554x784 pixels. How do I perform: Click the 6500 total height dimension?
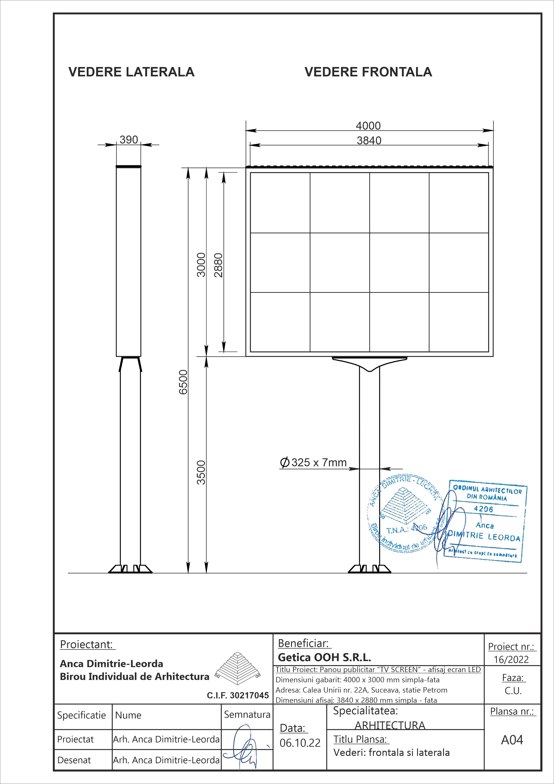pyautogui.click(x=183, y=382)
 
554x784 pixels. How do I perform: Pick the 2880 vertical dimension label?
pyautogui.click(x=218, y=265)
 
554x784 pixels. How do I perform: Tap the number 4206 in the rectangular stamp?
pyautogui.click(x=484, y=509)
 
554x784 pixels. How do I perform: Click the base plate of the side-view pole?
pyautogui.click(x=130, y=569)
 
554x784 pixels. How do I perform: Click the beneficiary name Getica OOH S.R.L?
pyautogui.click(x=324, y=657)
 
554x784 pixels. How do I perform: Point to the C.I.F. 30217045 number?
pyautogui.click(x=238, y=696)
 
